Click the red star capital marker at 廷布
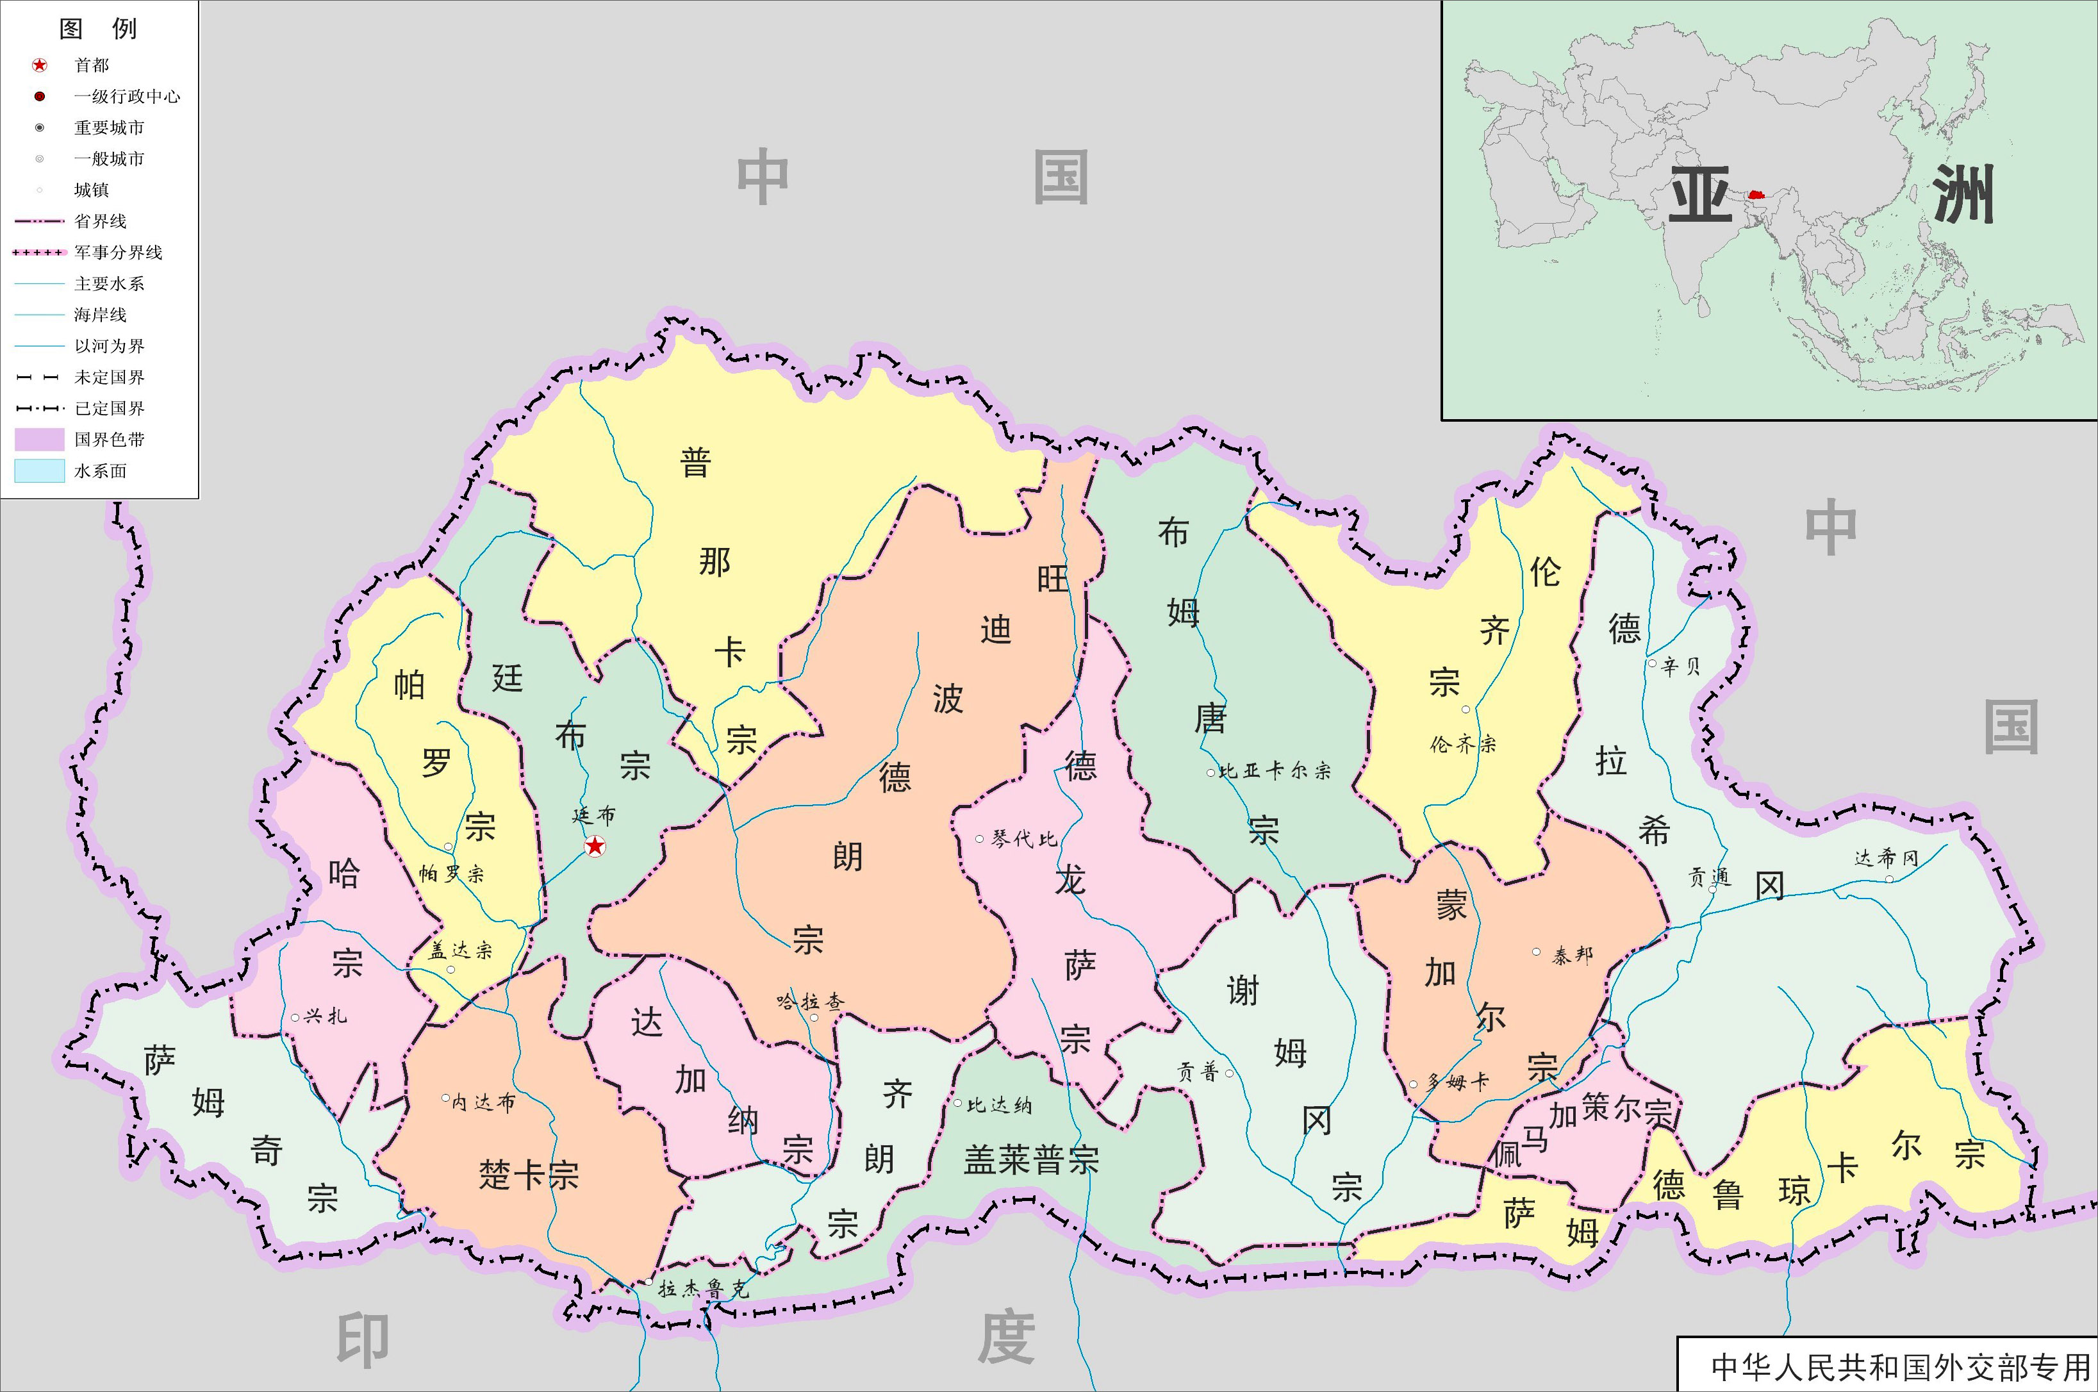click(595, 846)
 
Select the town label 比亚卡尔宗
click(1275, 770)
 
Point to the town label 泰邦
click(1572, 955)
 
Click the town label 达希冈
click(1886, 858)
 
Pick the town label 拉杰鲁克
click(703, 1288)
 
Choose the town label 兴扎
click(325, 1016)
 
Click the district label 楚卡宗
click(528, 1175)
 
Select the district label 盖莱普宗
click(1031, 1159)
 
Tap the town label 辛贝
click(1681, 667)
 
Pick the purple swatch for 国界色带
click(39, 440)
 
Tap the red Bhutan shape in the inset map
click(1755, 193)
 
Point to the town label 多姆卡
click(1455, 1082)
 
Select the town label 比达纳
click(998, 1106)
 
